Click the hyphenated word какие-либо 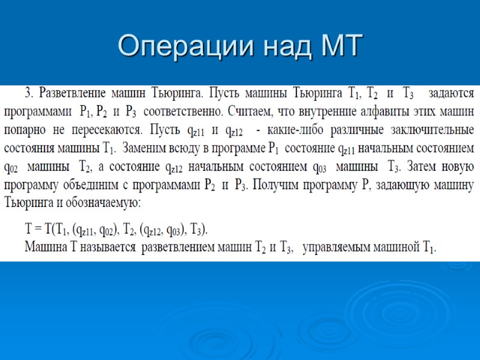pos(289,130)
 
